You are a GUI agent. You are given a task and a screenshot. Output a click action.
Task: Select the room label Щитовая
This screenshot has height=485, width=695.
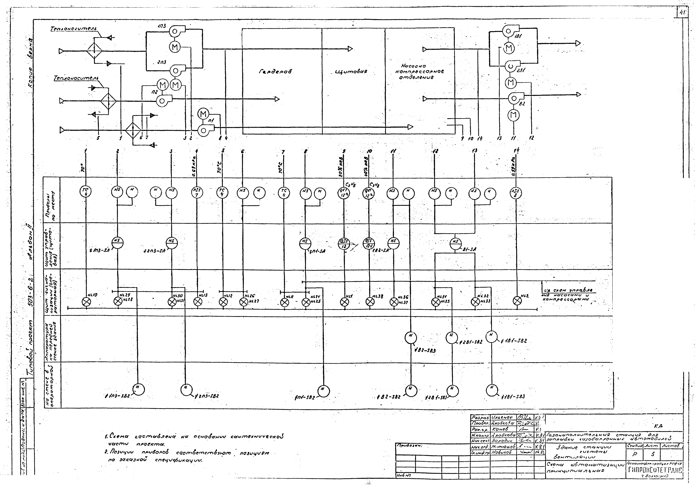click(351, 72)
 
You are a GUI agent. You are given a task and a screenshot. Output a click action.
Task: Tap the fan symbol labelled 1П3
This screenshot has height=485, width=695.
click(175, 31)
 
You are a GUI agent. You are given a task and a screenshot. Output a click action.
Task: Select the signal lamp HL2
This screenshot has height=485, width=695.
click(517, 301)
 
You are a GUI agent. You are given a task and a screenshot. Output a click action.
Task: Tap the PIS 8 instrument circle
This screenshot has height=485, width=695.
click(516, 193)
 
